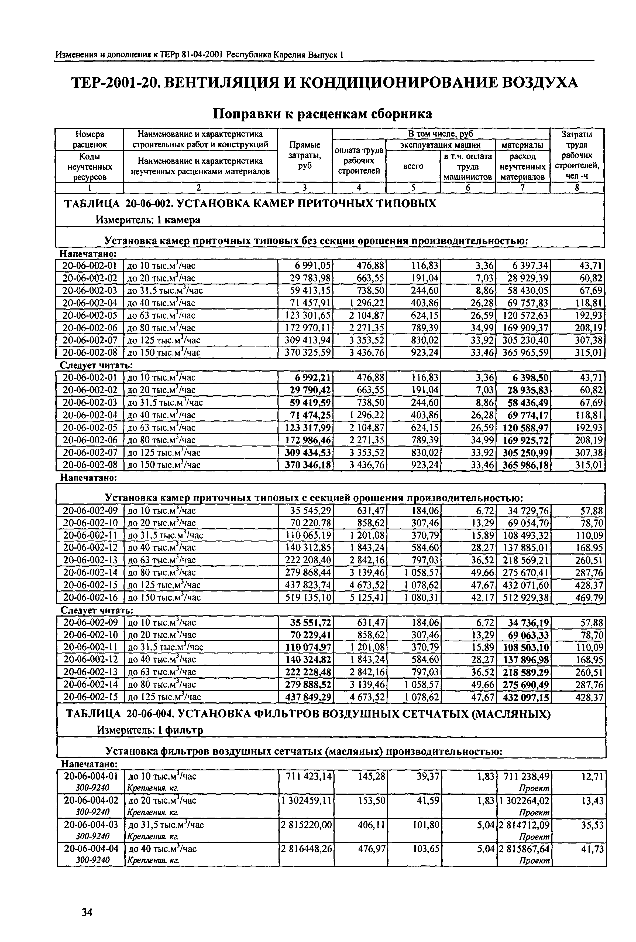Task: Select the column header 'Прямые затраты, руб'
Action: tap(305, 155)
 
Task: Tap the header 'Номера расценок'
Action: tap(90, 139)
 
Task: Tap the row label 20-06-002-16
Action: tap(90, 597)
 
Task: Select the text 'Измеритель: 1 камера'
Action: tap(148, 219)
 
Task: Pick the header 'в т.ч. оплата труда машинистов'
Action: tap(468, 166)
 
